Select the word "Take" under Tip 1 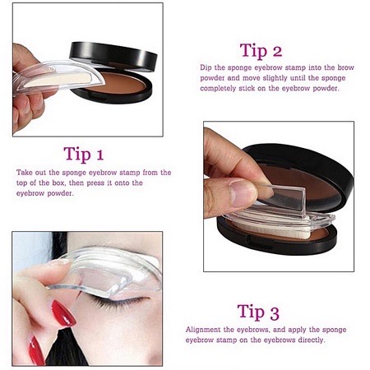(25, 173)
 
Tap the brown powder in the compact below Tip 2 (317, 197)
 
